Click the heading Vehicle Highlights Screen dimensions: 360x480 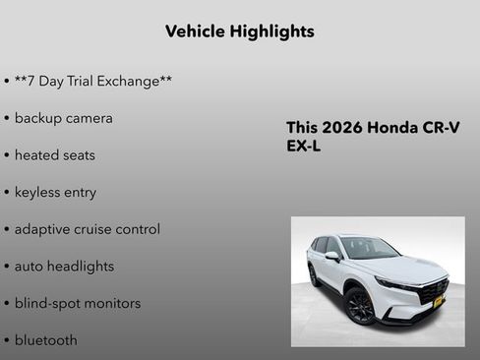240,31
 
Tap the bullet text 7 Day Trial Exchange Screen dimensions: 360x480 93,81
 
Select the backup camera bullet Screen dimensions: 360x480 63,118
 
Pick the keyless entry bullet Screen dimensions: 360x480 55,192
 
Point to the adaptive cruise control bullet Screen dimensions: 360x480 87,229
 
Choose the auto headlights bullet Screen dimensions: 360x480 64,267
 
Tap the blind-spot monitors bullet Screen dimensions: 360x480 77,303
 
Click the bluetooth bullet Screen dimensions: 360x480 45,340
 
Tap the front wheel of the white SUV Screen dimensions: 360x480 360,306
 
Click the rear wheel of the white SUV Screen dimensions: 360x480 314,275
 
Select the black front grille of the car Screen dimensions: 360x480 432,292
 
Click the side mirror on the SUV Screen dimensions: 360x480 333,257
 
